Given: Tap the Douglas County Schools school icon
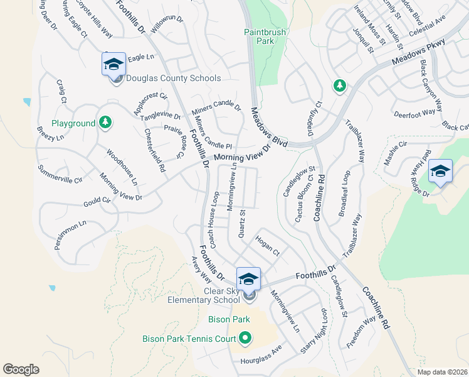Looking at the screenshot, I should [x=113, y=64].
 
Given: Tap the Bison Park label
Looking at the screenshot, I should [x=229, y=320].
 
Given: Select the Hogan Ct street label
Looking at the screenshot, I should [x=268, y=244].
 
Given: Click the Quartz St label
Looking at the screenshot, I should [x=241, y=224].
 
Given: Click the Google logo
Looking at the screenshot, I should [x=21, y=369].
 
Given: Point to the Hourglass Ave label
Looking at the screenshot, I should [x=261, y=358].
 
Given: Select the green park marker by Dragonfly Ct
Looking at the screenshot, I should [x=339, y=85].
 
